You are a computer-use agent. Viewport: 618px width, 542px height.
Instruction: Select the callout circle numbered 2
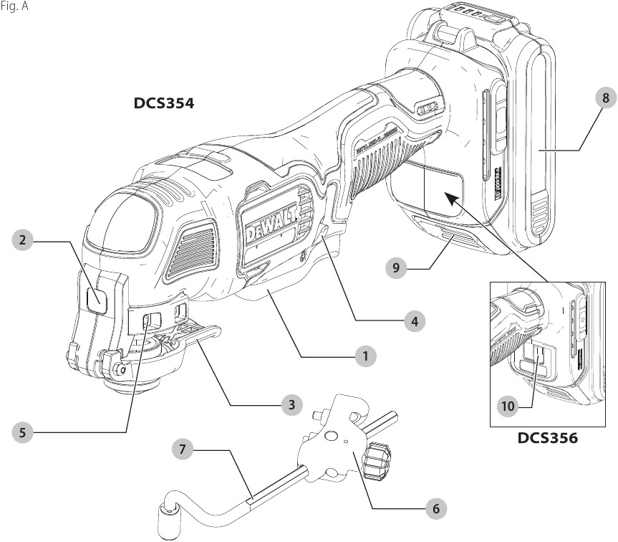[x=24, y=241]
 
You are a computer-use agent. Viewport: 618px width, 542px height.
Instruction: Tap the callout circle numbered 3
[x=290, y=405]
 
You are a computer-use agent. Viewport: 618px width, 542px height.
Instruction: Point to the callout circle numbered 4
[x=413, y=320]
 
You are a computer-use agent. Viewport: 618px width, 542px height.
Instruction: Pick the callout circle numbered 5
[x=24, y=432]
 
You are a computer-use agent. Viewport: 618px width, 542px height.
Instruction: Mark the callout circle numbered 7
[x=183, y=450]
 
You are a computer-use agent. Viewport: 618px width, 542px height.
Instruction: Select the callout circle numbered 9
[x=395, y=268]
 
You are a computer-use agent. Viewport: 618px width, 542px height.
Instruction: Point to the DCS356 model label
[x=548, y=437]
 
